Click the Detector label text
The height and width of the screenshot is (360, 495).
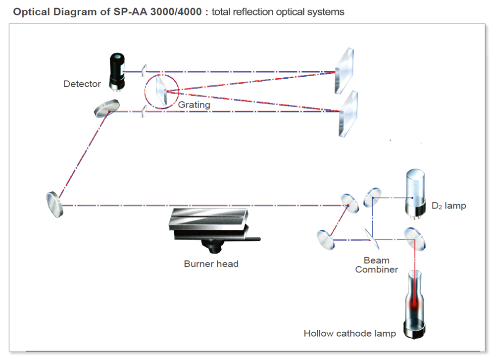click(82, 84)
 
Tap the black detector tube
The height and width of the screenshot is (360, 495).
click(116, 72)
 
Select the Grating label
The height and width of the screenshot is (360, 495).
click(194, 104)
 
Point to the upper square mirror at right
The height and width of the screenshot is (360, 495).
click(345, 71)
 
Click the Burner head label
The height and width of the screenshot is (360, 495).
click(211, 263)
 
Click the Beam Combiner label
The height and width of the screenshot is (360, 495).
click(376, 265)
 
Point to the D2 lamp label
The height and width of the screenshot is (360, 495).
click(448, 206)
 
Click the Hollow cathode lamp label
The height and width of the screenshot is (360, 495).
click(349, 333)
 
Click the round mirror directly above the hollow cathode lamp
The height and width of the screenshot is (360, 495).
click(415, 238)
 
